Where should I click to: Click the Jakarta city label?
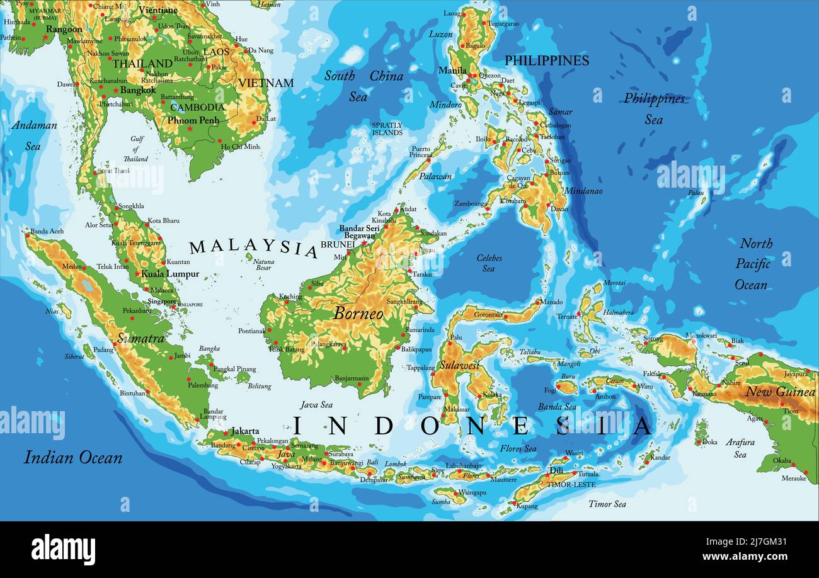245,431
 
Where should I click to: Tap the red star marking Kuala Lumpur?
137,274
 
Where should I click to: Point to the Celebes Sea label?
488,263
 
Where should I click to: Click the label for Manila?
452,70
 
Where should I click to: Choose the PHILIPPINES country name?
546,60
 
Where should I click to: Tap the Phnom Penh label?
193,120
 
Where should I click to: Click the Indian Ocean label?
73,457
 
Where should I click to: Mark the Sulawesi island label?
459,365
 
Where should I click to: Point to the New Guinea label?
780,392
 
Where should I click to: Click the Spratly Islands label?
387,129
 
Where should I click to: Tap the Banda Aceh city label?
47,231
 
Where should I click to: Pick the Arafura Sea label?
740,448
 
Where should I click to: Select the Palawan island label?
435,176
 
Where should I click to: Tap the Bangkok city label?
137,90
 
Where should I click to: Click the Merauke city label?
793,478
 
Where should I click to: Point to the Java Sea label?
316,405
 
